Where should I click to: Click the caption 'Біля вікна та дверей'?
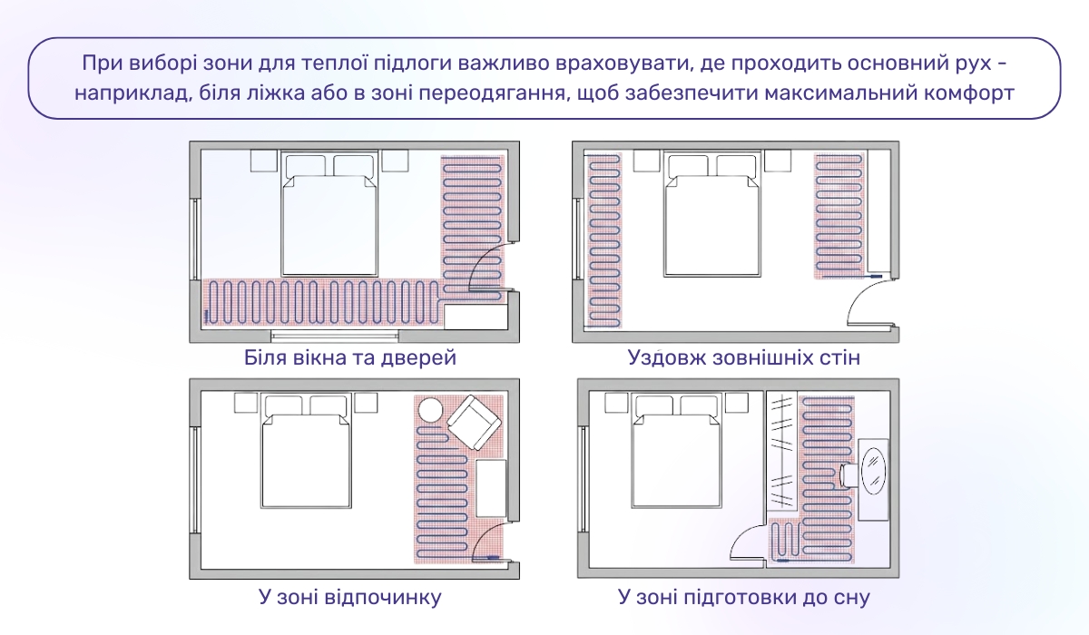349,357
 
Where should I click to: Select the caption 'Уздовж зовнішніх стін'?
743,357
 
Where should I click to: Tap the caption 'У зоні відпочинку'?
349,597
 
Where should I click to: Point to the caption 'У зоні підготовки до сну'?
743,597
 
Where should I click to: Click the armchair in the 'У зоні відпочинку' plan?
473,422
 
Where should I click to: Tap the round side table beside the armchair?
430,411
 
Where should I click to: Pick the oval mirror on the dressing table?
875,471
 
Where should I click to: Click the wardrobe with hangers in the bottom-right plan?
782,454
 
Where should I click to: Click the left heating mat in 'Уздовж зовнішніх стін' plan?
603,240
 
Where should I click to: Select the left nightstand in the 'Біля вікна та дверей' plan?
264,161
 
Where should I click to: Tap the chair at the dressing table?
849,473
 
